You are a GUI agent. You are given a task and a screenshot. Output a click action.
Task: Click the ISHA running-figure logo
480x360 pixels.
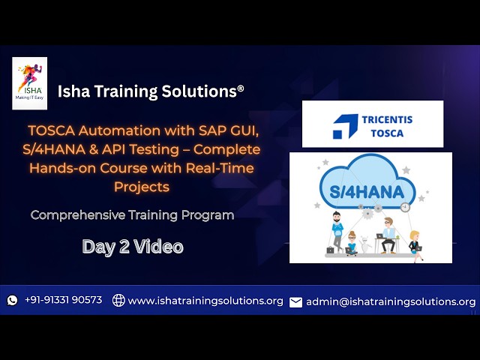click(x=29, y=82)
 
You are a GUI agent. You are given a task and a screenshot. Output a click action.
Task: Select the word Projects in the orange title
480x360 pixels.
click(x=142, y=186)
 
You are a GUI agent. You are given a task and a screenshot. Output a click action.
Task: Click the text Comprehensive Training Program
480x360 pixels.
click(x=132, y=215)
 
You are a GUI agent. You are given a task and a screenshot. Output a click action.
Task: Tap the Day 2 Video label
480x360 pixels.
click(x=133, y=247)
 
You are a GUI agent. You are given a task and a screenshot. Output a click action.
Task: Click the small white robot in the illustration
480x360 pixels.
click(x=365, y=243)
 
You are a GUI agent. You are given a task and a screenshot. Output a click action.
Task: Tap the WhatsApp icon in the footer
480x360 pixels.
click(x=13, y=300)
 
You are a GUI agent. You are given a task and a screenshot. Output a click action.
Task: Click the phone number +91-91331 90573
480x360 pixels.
click(x=63, y=300)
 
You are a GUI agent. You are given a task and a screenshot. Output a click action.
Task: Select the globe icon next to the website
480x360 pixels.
click(x=118, y=300)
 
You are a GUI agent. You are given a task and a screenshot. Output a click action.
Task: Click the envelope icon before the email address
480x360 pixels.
click(x=296, y=301)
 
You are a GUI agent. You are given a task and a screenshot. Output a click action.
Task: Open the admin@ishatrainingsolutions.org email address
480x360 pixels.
click(x=391, y=301)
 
